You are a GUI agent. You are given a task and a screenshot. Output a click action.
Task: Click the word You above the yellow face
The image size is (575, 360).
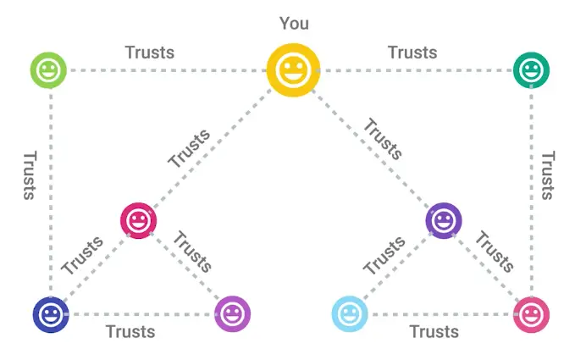pos(294,24)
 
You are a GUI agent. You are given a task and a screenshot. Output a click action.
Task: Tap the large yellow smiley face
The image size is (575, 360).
pos(293,69)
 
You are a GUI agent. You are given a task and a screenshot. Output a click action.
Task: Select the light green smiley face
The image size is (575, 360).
pos(47,69)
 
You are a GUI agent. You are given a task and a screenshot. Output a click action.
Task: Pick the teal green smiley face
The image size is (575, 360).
pos(532,69)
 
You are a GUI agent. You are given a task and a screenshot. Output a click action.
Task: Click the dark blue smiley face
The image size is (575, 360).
pos(50,315)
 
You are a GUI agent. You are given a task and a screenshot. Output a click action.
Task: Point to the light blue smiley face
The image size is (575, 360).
pos(350,314)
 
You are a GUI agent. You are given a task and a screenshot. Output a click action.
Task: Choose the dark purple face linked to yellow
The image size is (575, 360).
pos(443,221)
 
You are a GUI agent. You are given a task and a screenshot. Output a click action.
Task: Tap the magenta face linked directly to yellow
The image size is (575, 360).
pos(138,221)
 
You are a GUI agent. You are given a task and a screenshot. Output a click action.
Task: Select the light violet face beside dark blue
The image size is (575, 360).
pos(233,314)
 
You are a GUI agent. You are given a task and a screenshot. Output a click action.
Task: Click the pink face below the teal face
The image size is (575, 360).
pos(532,315)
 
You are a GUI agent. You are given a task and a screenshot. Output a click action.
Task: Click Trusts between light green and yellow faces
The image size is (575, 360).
pos(149,52)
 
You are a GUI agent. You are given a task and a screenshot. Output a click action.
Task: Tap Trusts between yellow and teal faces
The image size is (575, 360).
pos(412,52)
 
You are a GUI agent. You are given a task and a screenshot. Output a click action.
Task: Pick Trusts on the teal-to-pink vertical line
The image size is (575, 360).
pos(549,175)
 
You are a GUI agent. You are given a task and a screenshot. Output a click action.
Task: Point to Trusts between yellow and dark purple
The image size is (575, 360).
pos(383,138)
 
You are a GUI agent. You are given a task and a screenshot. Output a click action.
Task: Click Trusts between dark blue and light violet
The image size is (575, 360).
pos(130,331)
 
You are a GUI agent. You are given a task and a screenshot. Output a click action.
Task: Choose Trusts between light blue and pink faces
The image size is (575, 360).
pos(434,331)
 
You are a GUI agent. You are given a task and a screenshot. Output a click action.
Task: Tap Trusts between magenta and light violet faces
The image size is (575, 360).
pos(191,251)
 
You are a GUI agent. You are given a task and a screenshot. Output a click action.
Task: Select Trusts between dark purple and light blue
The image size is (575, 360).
pos(384,255)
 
